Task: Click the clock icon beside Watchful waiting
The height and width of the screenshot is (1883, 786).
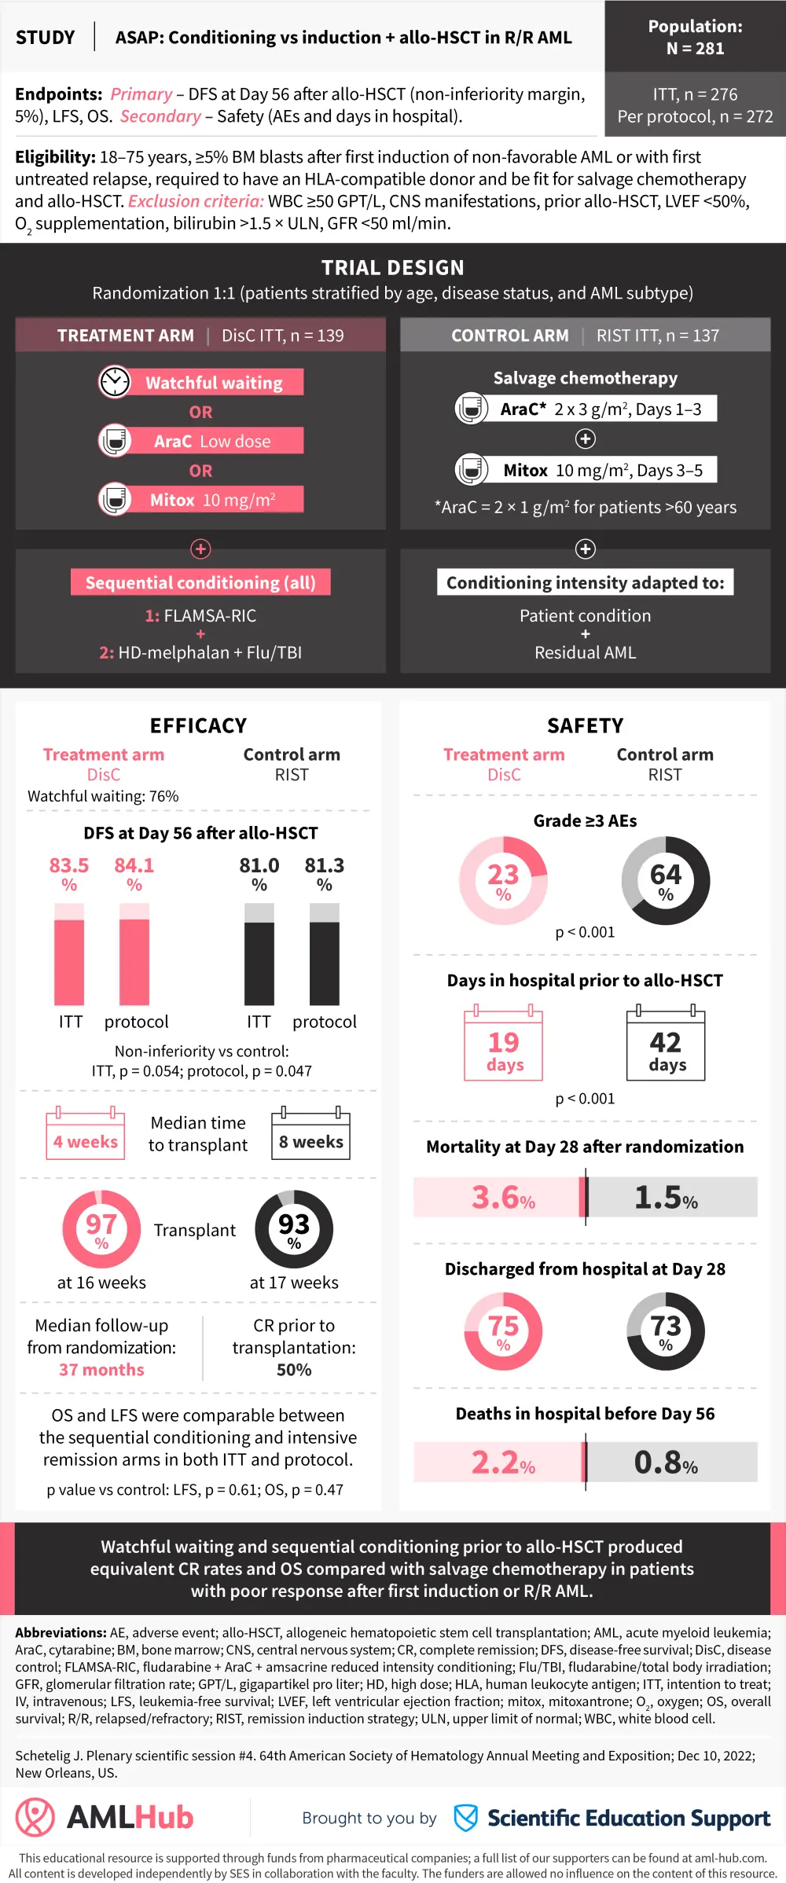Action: (115, 382)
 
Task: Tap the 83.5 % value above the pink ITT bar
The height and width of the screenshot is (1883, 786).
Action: (69, 872)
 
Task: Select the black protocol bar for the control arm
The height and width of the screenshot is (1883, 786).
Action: (324, 963)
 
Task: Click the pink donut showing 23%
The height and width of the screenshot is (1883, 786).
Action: (503, 880)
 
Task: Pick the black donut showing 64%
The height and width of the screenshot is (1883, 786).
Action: (666, 880)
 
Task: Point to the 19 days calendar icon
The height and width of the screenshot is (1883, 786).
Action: (504, 1046)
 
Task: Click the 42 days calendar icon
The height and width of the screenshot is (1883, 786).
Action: (666, 1046)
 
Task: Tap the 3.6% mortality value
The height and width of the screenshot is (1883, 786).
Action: (503, 1198)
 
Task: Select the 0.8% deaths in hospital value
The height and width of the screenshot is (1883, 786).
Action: (666, 1463)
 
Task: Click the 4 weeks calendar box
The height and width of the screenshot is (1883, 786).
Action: (85, 1135)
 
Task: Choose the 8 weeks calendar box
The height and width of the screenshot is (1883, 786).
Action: (311, 1135)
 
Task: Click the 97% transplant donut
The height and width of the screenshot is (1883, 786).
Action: (101, 1229)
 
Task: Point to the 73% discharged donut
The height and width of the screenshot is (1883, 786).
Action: (666, 1331)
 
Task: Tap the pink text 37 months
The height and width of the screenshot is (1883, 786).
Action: (101, 1370)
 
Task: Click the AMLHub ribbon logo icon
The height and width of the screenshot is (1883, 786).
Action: (35, 1817)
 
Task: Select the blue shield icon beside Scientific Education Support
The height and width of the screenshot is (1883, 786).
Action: (466, 1818)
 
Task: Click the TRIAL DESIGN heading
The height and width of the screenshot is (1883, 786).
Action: (393, 268)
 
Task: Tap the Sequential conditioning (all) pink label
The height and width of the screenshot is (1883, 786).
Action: (200, 582)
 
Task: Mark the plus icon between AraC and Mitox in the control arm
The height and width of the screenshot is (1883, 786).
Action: (586, 439)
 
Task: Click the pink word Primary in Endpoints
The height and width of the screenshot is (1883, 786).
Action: (141, 94)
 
